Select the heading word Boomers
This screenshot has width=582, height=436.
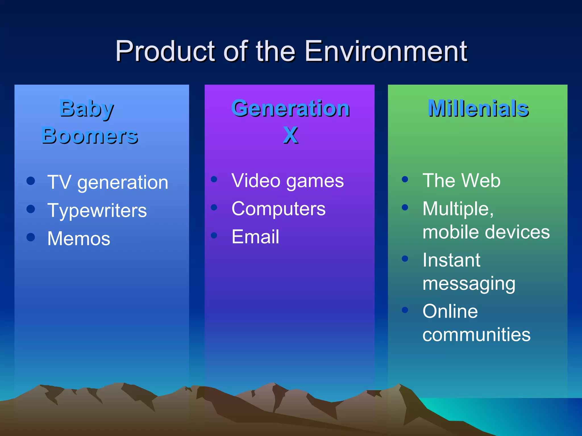point(90,136)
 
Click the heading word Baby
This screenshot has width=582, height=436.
point(87,109)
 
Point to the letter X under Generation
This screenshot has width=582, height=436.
point(290,135)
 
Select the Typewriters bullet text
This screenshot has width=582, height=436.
point(97,211)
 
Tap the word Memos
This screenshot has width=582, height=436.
point(79,238)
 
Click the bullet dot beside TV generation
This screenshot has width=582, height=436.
point(31,181)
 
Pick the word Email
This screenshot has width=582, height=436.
point(255,237)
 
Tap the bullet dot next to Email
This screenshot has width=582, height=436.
point(214,235)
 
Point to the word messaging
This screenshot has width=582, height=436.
point(469,284)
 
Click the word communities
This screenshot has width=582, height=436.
point(476,334)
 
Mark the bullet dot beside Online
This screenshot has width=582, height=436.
point(405,310)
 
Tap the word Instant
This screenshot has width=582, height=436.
point(451,260)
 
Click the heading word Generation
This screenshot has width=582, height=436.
point(290,108)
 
